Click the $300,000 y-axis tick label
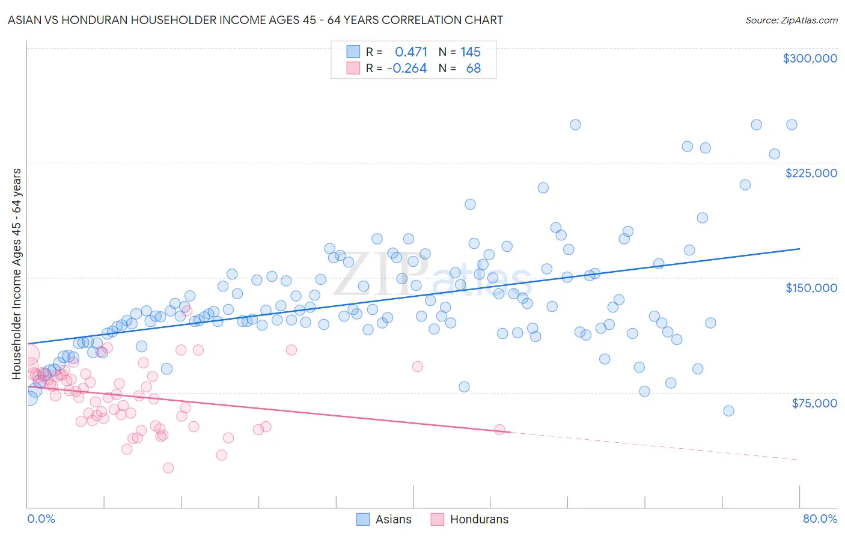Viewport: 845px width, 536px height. pos(810,58)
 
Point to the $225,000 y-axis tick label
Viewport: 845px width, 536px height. pos(811,173)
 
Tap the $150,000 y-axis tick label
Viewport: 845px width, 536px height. pos(811,288)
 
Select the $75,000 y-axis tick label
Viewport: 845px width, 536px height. pos(814,403)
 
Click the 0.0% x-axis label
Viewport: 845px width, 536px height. pos(41,519)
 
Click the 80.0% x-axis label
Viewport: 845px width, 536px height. pos(820,519)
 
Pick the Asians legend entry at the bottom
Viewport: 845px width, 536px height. pos(384,519)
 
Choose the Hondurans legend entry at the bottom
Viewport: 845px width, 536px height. pos(470,519)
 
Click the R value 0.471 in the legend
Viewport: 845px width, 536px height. pos(411,52)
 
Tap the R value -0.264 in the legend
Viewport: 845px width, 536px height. pos(407,69)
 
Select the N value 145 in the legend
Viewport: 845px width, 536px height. pos(471,52)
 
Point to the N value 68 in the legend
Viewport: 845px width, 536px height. pos(474,69)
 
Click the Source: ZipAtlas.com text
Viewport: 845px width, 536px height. pos(791,20)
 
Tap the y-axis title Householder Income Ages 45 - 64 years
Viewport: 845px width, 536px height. pos(17,274)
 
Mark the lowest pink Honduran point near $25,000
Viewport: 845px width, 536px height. pos(168,468)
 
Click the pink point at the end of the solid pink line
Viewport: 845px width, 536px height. pos(499,430)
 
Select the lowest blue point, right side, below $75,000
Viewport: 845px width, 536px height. pos(728,411)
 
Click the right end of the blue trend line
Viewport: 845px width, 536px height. pos(799,248)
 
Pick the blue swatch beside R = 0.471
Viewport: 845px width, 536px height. pos(353,52)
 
